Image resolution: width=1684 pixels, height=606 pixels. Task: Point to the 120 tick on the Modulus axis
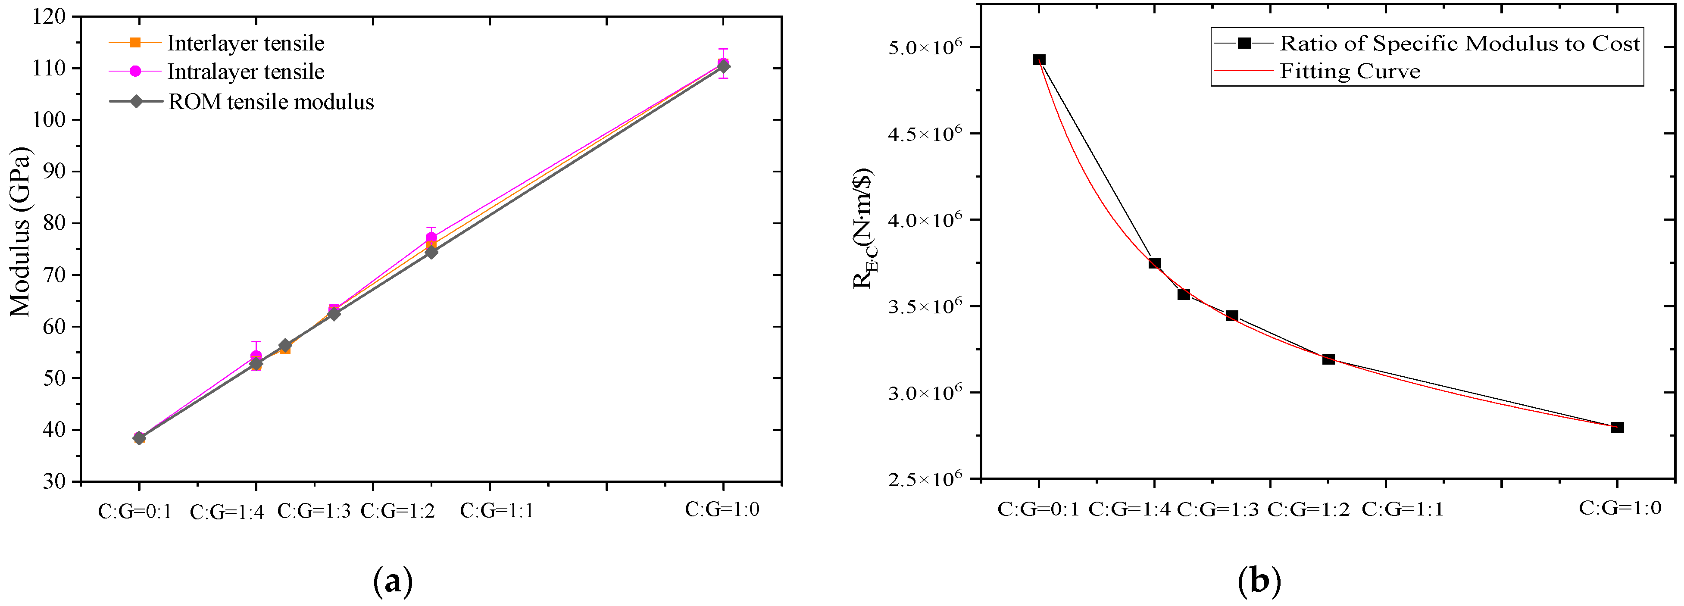(x=49, y=16)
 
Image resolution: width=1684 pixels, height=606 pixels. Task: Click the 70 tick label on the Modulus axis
(x=49, y=275)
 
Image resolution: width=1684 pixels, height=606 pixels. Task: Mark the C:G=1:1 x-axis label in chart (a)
(x=497, y=511)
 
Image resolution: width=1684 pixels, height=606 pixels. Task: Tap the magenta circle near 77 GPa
(x=431, y=238)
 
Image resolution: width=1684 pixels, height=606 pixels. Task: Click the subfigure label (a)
(x=393, y=581)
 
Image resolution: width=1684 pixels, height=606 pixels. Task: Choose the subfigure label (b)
(x=1259, y=581)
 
